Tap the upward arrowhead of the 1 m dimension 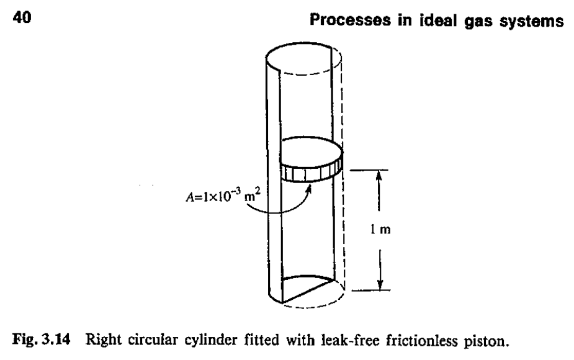(380, 176)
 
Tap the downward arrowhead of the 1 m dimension (380, 285)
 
